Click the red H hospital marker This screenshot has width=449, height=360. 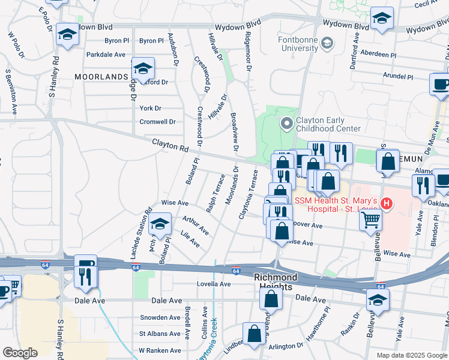(387, 204)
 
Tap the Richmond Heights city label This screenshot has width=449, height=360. (276, 282)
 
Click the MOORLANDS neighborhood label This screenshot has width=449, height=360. (101, 76)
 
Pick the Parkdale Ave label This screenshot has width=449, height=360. (106, 54)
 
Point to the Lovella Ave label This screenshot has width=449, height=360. (214, 284)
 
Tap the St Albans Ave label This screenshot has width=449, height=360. (160, 334)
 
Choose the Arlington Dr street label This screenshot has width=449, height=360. (286, 346)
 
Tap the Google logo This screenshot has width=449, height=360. (20, 353)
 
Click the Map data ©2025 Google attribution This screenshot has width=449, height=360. (412, 355)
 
